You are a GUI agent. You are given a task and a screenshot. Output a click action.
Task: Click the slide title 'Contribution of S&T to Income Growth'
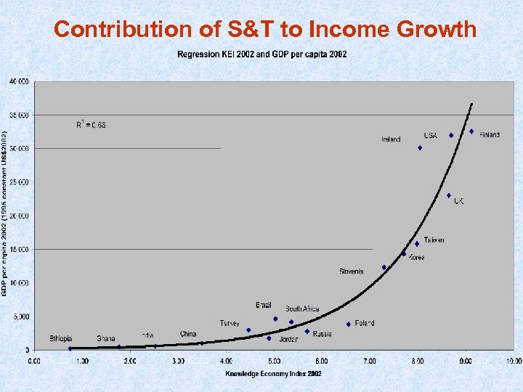point(265,29)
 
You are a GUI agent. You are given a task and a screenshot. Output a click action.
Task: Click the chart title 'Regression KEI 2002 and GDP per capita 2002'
point(262,54)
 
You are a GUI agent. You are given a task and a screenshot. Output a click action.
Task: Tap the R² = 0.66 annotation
point(91,125)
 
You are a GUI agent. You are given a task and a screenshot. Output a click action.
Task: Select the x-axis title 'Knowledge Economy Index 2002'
point(272,373)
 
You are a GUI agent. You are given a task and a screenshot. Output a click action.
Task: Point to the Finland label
point(490,135)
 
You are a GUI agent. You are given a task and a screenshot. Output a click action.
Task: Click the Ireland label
point(391,139)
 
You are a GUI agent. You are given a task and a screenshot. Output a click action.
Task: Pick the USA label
point(431,135)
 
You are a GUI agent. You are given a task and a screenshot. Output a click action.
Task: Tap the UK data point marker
point(449,195)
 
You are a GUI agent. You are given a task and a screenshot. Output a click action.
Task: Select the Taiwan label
point(434,240)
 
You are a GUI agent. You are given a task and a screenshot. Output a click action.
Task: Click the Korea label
point(416,258)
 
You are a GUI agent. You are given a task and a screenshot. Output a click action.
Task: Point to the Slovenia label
point(351,271)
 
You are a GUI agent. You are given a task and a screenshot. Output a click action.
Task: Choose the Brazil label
point(263,306)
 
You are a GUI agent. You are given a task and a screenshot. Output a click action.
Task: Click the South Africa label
point(302,309)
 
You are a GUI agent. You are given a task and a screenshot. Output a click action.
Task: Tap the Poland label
point(365,323)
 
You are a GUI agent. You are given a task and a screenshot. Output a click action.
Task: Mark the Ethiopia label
point(61,338)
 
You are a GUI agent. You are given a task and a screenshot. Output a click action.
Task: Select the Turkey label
point(230,323)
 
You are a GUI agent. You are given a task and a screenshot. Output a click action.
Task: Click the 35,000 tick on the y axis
point(20,115)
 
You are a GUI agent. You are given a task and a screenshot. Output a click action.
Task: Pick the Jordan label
point(288,339)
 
